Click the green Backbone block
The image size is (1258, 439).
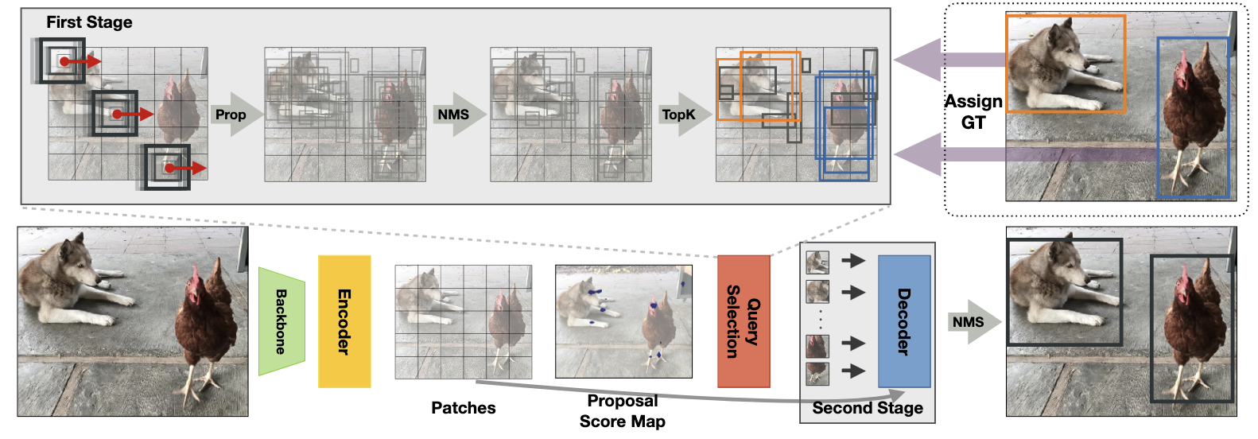pyautogui.click(x=281, y=321)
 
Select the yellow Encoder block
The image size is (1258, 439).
pyautogui.click(x=344, y=321)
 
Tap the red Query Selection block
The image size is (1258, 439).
pyautogui.click(x=744, y=321)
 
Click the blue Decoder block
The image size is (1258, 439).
pyautogui.click(x=904, y=321)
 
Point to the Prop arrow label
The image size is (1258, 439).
pyautogui.click(x=231, y=115)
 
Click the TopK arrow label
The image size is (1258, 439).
pyautogui.click(x=678, y=115)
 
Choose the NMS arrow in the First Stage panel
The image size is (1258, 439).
pyautogui.click(x=454, y=115)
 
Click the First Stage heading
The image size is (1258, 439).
pyautogui.click(x=89, y=22)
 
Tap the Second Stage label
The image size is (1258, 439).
pyautogui.click(x=868, y=408)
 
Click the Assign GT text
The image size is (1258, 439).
pyautogui.click(x=973, y=111)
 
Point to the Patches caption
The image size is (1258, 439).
pyautogui.click(x=463, y=408)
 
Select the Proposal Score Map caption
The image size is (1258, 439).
pyautogui.click(x=622, y=411)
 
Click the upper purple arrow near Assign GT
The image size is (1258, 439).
pyautogui.click(x=946, y=60)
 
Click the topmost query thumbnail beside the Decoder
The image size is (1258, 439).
pyautogui.click(x=817, y=262)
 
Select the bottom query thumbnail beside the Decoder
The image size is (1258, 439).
pyautogui.click(x=817, y=372)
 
